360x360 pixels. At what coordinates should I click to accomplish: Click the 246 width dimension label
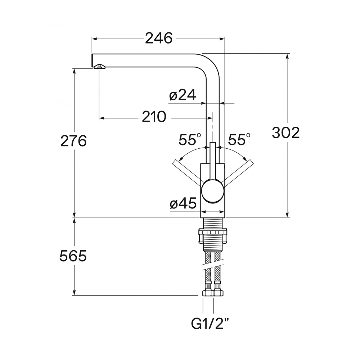pyautogui.click(x=159, y=39)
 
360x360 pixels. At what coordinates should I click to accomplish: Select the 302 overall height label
pyautogui.click(x=286, y=133)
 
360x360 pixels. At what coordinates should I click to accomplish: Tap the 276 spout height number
pyautogui.click(x=73, y=141)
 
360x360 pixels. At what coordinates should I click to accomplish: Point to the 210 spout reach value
pyautogui.click(x=154, y=117)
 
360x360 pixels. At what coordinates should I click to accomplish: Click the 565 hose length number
pyautogui.click(x=73, y=256)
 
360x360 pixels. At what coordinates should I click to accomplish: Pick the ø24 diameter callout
pyautogui.click(x=183, y=95)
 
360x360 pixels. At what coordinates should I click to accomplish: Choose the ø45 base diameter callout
pyautogui.click(x=183, y=203)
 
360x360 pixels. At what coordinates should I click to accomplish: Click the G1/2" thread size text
pyautogui.click(x=210, y=324)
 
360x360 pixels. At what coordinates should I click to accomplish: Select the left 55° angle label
pyautogui.click(x=190, y=139)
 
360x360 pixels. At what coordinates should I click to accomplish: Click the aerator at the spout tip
pyautogui.click(x=99, y=66)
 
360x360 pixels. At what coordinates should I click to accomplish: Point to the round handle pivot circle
pyautogui.click(x=212, y=191)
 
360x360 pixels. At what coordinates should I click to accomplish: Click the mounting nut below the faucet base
pyautogui.click(x=213, y=236)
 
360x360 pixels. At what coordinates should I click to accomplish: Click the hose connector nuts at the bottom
pyautogui.click(x=213, y=293)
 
